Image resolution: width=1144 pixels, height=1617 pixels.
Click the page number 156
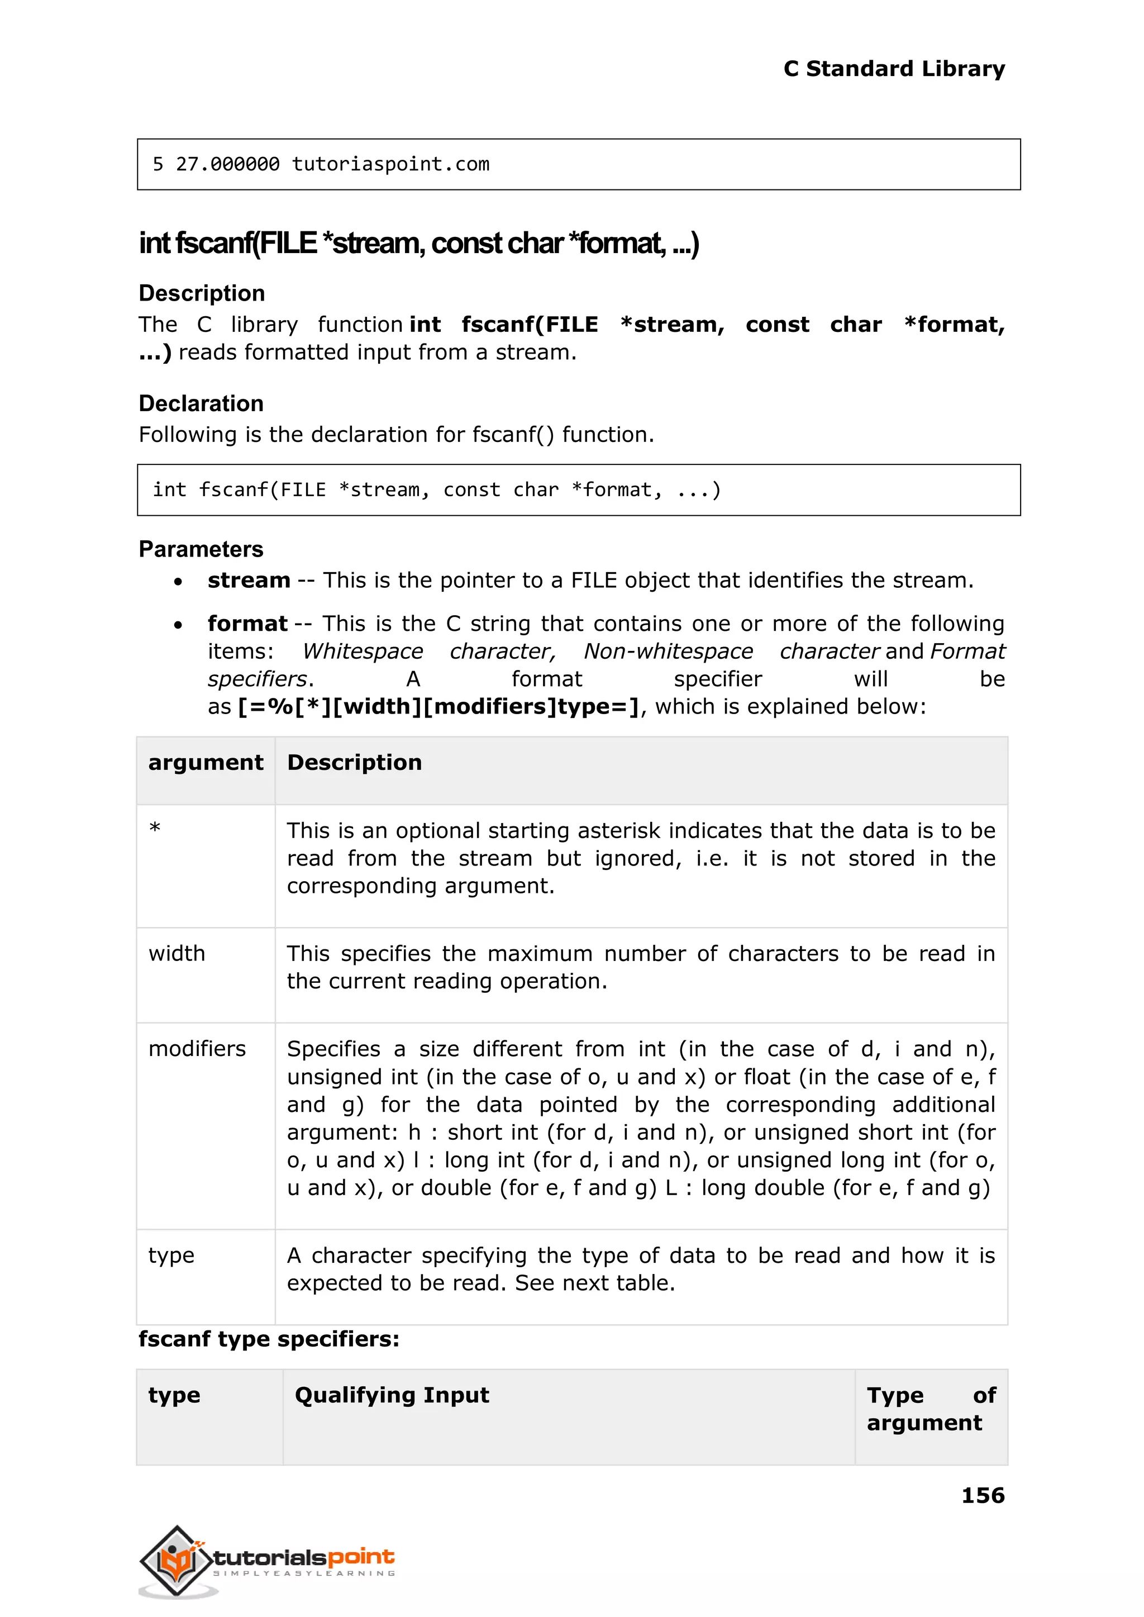[982, 1495]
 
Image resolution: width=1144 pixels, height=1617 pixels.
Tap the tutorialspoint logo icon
[176, 1561]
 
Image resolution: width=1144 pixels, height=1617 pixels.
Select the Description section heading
[202, 293]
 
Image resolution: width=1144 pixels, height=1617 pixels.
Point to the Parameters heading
[201, 549]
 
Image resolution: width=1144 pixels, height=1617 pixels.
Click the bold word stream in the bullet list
[249, 581]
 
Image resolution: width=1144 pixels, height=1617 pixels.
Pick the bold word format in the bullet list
[247, 624]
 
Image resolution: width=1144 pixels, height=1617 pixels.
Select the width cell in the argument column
[177, 953]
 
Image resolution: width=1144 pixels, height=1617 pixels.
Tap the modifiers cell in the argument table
[197, 1048]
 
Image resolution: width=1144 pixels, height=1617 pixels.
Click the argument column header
[205, 762]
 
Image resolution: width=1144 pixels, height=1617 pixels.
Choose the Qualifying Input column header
[392, 1395]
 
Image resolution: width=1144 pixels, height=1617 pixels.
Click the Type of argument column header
[930, 1409]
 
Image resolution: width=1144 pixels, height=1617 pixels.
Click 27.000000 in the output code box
[227, 164]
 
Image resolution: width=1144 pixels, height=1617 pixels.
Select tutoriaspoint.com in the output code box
[390, 164]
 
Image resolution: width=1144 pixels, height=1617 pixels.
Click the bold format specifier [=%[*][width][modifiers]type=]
[438, 707]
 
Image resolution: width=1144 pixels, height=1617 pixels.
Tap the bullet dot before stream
[178, 582]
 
